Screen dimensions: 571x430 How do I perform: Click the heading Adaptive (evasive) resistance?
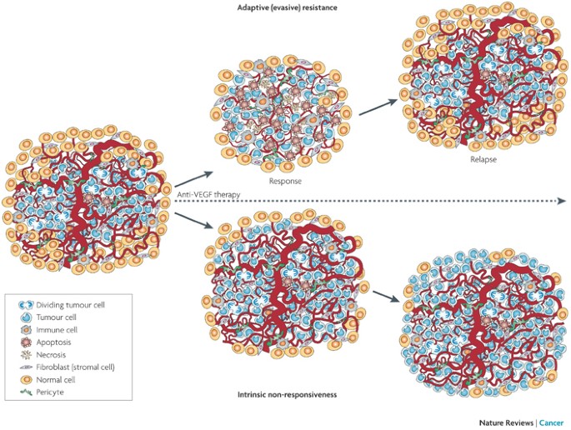coord(285,7)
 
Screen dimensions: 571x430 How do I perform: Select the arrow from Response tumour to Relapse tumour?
coord(378,105)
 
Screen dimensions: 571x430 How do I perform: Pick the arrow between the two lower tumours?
coord(384,297)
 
